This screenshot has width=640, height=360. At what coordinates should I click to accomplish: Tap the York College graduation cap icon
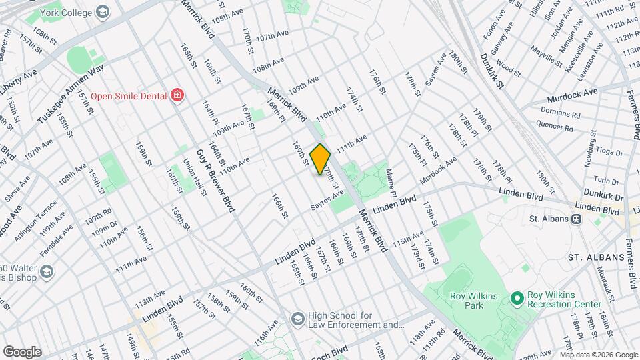click(x=103, y=12)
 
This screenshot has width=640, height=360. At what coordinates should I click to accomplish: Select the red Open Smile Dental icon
click(x=177, y=95)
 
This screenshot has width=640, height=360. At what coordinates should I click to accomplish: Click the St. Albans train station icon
click(x=576, y=219)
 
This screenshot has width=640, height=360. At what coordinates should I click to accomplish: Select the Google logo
click(x=22, y=351)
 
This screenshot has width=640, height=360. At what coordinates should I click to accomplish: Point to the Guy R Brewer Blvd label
click(x=215, y=180)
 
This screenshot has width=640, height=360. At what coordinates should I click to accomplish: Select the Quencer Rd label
click(x=555, y=126)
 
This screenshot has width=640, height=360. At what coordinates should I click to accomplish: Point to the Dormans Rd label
click(x=544, y=115)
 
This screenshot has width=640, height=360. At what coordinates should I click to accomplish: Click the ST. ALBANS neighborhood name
click(x=595, y=257)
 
